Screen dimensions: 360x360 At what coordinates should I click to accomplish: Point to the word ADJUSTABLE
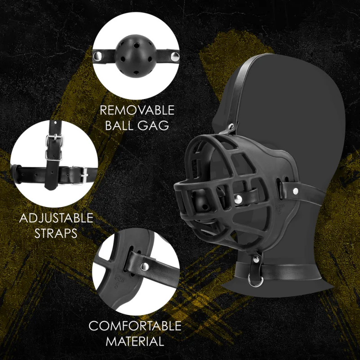[56, 219]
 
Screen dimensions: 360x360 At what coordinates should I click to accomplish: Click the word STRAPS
[56, 234]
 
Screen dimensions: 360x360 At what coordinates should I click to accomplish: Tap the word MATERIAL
[135, 341]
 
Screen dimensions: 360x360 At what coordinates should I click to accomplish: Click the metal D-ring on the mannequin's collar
[256, 283]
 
